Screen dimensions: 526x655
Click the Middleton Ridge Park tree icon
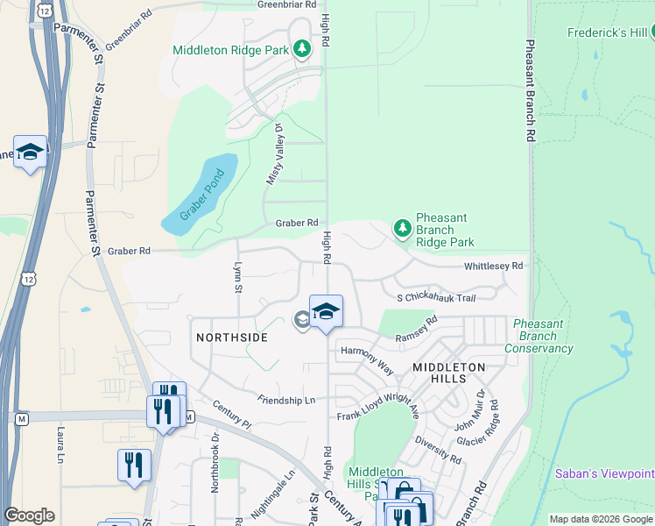pos(302,49)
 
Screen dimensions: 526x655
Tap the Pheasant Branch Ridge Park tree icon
pos(403,229)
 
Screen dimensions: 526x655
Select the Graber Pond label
pos(203,195)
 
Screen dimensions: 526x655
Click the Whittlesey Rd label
pos(493,266)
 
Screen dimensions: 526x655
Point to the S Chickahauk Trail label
pos(435,298)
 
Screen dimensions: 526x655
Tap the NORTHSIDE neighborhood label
pos(232,337)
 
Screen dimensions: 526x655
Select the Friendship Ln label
pos(285,400)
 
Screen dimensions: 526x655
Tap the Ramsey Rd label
pos(416,330)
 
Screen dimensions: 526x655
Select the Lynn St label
pos(236,275)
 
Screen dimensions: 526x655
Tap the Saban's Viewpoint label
pos(604,473)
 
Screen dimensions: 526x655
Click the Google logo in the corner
pos(29,515)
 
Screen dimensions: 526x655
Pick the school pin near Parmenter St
pos(30,152)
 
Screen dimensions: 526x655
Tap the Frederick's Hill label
pos(607,32)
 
